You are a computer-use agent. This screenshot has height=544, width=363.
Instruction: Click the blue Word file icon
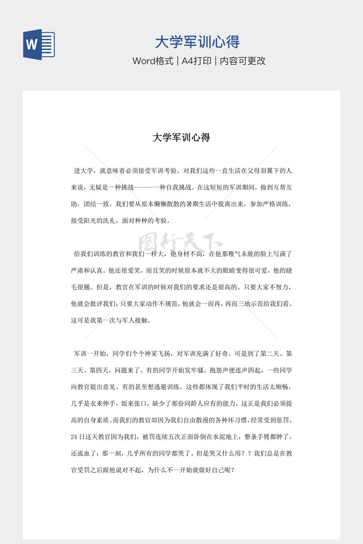[x=39, y=45]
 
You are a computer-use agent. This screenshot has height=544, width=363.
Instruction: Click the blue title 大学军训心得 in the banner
[x=197, y=42]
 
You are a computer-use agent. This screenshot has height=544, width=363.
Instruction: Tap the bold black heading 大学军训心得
[x=181, y=137]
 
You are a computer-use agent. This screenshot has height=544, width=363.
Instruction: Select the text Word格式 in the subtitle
[x=153, y=61]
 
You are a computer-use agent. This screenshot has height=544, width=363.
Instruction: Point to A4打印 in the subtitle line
[x=196, y=61]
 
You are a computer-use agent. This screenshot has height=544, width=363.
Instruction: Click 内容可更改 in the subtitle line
[x=243, y=61]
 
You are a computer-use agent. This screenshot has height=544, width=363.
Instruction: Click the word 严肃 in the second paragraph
[x=77, y=271]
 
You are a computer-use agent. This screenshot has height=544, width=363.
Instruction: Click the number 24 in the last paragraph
[x=74, y=437]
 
